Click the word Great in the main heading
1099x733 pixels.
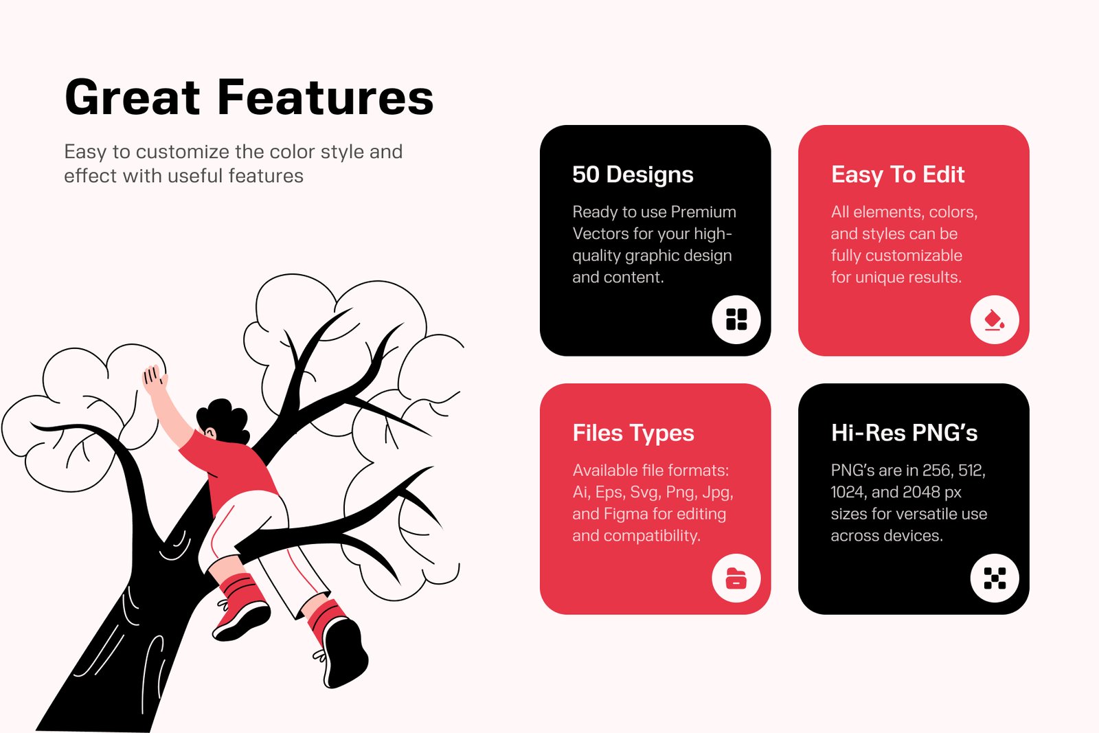coord(133,97)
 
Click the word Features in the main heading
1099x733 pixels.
coord(326,97)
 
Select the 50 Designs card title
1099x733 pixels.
coord(633,174)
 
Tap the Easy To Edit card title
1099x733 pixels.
coord(898,174)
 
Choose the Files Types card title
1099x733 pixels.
coord(633,433)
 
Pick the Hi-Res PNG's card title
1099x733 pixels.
coord(904,433)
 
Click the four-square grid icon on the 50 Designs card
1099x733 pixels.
coord(736,319)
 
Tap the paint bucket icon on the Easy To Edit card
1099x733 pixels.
coord(995,320)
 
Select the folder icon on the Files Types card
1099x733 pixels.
coord(736,578)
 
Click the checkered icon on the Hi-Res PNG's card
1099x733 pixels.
coord(995,578)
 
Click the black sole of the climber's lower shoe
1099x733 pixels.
coord(346,653)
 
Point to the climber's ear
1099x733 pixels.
coord(210,433)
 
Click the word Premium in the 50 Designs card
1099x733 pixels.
coord(703,212)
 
